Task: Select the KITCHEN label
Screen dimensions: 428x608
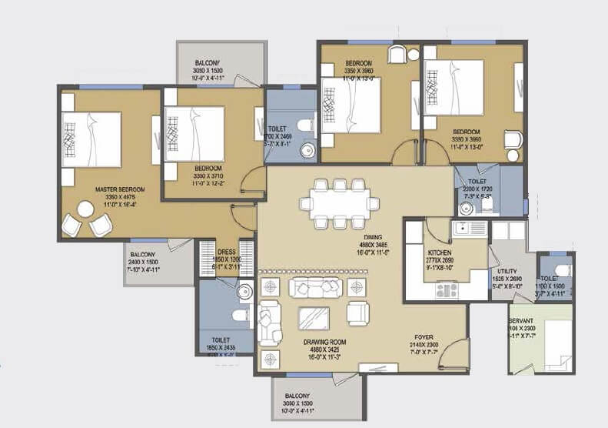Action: [440, 252]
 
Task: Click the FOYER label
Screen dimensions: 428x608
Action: [424, 336]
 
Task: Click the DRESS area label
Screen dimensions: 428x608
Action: [228, 251]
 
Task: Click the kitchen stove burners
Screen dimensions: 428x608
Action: [447, 289]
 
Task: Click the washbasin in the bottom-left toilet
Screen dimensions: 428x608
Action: [245, 291]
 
